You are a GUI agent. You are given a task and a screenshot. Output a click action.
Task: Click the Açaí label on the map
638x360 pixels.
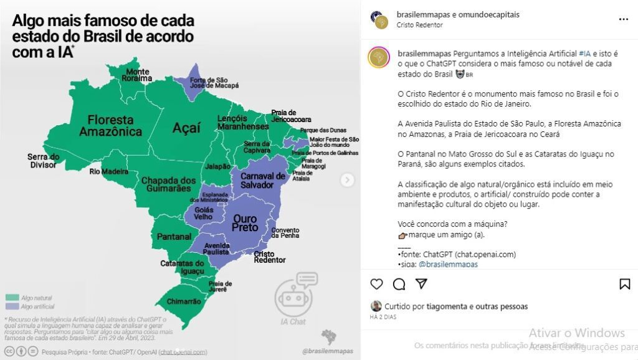point(186,128)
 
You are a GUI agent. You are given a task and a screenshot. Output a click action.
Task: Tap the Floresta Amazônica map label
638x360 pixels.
point(110,125)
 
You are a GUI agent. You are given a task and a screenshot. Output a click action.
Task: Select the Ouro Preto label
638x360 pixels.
point(245,223)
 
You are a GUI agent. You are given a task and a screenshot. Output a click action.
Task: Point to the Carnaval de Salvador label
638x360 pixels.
point(262,180)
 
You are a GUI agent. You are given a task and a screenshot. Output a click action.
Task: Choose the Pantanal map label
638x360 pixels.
point(174,237)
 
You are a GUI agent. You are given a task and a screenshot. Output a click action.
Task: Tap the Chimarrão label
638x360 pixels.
point(184,301)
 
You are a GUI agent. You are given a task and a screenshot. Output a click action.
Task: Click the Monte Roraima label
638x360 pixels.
point(138,75)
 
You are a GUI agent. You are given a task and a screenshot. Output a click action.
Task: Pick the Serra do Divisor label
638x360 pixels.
point(44,161)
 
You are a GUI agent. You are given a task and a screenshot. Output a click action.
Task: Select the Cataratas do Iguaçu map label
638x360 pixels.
point(183,267)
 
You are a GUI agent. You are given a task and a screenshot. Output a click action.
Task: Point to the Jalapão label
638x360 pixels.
point(217,166)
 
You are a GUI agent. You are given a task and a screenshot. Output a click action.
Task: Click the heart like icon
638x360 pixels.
point(376,284)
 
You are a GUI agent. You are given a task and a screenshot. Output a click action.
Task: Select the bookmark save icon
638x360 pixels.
point(624,284)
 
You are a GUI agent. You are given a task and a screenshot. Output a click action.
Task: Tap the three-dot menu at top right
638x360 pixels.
point(623,19)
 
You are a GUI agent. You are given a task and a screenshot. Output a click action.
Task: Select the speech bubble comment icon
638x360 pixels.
point(399,284)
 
